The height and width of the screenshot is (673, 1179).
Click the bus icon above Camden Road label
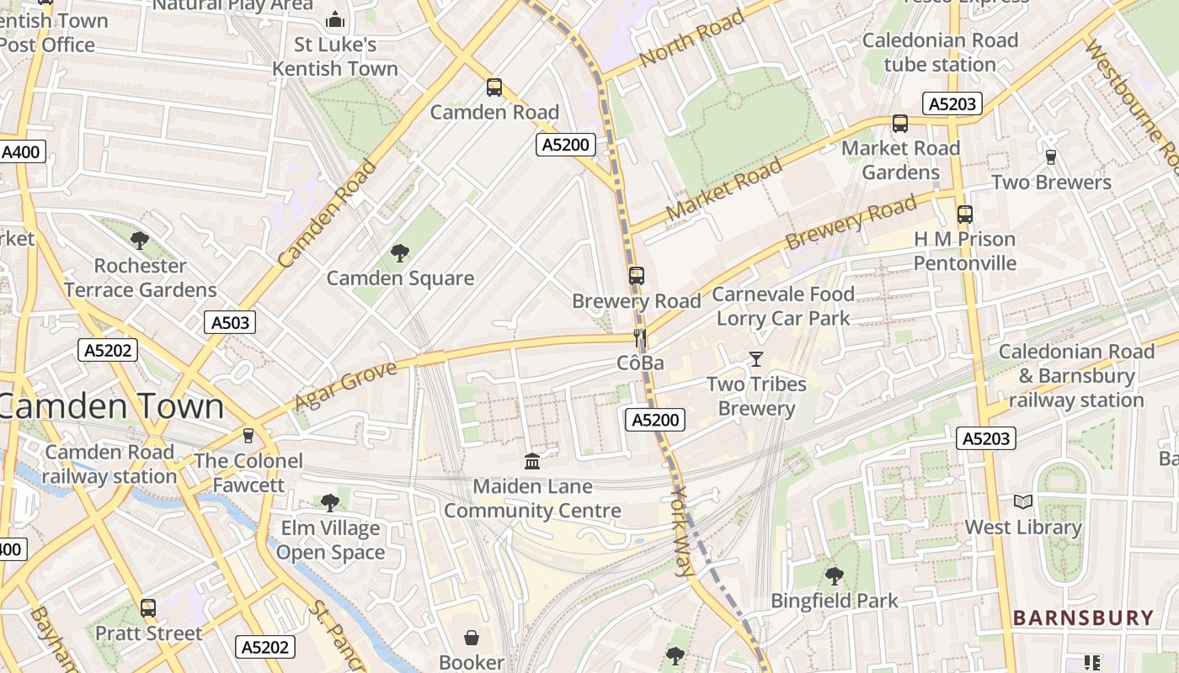click(x=494, y=87)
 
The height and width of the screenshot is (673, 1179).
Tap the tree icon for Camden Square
click(x=400, y=252)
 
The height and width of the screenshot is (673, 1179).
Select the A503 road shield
click(x=229, y=322)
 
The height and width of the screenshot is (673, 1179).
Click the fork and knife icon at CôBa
click(x=640, y=338)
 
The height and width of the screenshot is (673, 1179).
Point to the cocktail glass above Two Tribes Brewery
click(x=756, y=359)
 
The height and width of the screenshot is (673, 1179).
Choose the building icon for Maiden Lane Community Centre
click(x=532, y=461)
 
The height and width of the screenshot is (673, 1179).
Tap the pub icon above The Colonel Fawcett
click(x=248, y=435)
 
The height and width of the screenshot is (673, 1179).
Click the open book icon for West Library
click(x=1023, y=502)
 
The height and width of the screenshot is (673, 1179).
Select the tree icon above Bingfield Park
click(x=835, y=576)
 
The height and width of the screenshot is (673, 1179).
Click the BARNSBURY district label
click(x=1083, y=618)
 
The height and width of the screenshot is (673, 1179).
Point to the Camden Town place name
click(x=112, y=406)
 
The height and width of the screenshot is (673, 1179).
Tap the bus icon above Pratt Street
click(x=148, y=607)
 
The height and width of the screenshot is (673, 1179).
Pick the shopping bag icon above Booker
click(x=472, y=638)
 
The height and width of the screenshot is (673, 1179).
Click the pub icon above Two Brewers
click(x=1050, y=156)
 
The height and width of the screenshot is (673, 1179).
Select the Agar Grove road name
click(x=345, y=386)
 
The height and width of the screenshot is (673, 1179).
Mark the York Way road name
click(x=683, y=532)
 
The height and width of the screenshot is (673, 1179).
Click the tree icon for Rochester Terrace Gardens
click(x=140, y=241)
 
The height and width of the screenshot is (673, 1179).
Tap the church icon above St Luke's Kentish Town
click(x=335, y=19)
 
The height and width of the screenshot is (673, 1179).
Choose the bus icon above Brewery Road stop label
click(x=637, y=276)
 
